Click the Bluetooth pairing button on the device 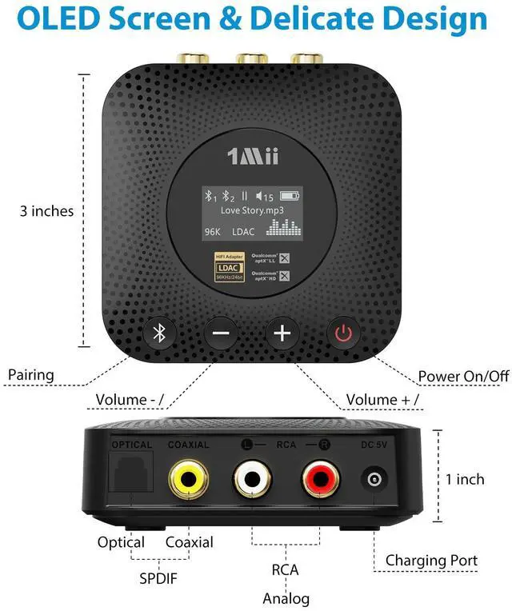[x=159, y=333]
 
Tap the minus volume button [x=221, y=333]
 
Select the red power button [x=343, y=333]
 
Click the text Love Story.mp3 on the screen [x=252, y=210]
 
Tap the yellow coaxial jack [x=190, y=480]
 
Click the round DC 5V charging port [x=374, y=481]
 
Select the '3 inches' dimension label [x=46, y=211]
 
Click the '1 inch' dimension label [x=465, y=479]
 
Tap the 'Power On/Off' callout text [x=463, y=377]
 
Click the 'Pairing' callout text [x=30, y=374]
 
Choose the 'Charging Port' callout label [x=431, y=560]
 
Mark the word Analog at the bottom [x=286, y=598]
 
